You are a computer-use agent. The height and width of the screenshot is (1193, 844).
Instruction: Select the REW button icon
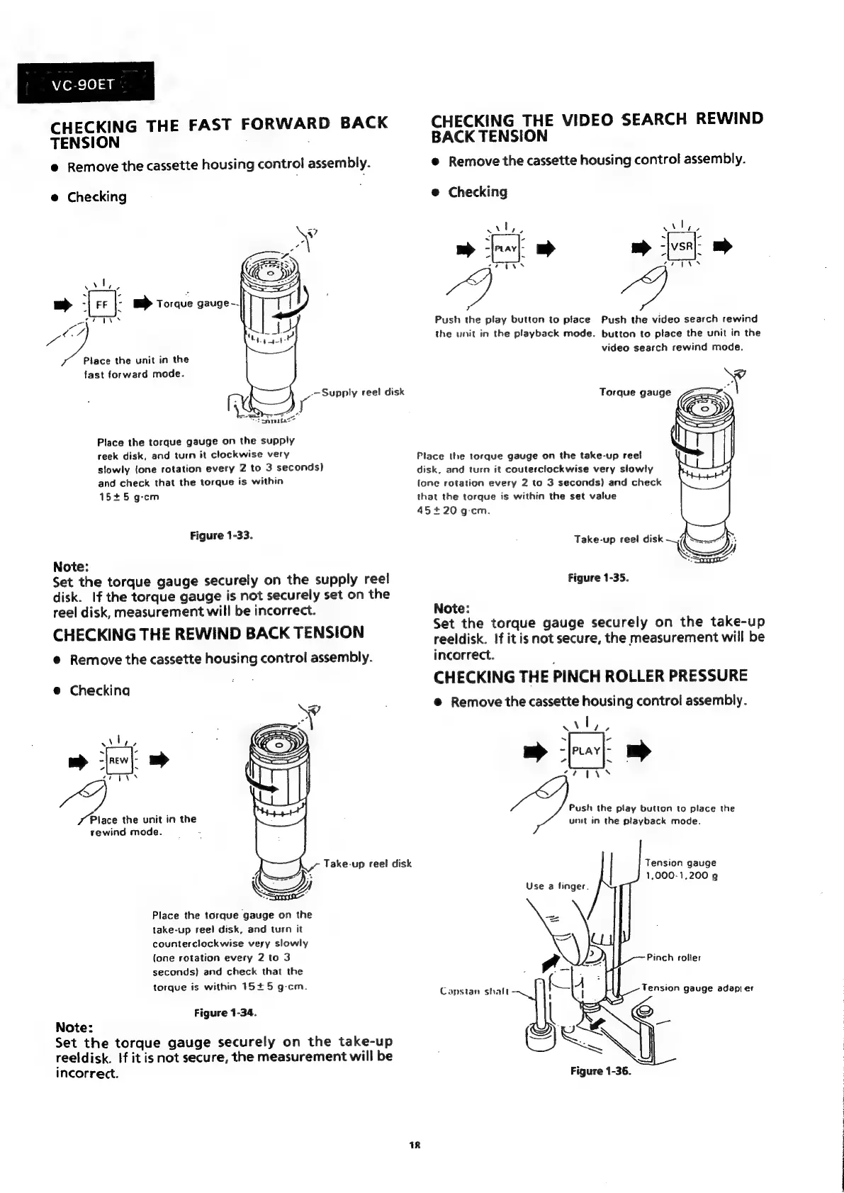point(118,761)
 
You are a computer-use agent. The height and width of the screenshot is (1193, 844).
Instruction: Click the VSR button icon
point(681,247)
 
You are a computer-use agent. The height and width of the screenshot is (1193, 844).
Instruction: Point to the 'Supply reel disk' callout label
point(363,392)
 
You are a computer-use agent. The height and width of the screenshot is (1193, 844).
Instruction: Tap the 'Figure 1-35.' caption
point(599,578)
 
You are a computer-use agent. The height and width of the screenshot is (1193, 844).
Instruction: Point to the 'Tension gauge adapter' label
point(697,987)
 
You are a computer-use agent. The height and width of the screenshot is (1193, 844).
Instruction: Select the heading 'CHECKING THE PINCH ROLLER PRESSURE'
point(590,676)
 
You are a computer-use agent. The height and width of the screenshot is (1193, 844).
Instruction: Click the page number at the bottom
point(415,1144)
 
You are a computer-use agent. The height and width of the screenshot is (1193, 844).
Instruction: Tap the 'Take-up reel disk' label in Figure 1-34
point(367,863)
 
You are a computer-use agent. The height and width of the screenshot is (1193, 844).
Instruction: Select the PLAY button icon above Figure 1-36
point(586,751)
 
